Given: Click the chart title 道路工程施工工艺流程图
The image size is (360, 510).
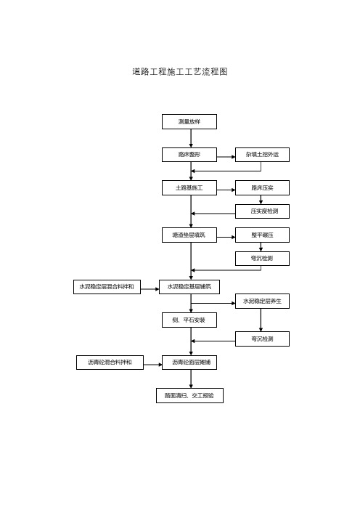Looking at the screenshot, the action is click(180, 71).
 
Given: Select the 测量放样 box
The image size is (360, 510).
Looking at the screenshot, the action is click(189, 121).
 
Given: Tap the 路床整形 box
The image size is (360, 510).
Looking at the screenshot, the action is click(189, 155).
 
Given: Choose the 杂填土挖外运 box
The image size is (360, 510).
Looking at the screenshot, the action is click(262, 155).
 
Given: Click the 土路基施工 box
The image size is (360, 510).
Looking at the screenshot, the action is click(189, 188).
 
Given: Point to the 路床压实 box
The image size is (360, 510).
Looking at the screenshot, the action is click(262, 188).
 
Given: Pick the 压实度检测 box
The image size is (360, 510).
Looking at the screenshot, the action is click(262, 211).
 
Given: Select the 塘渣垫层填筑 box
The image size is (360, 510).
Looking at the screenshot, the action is click(189, 235).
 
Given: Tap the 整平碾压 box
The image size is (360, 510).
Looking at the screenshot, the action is click(262, 235).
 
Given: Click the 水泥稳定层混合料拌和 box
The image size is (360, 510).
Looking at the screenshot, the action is click(107, 287).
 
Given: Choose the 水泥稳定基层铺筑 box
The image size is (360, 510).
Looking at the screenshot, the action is click(189, 287).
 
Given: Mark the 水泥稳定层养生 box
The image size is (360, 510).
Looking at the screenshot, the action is click(262, 301).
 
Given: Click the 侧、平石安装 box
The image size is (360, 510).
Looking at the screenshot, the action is click(189, 320).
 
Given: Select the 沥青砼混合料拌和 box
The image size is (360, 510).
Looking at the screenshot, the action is click(110, 363).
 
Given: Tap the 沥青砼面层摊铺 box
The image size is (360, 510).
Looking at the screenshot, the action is click(189, 363).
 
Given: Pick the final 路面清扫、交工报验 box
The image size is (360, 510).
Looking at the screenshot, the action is click(189, 395).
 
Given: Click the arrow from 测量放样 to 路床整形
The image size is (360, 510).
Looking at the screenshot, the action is click(191, 138).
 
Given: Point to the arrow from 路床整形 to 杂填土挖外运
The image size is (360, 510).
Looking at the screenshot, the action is click(226, 157).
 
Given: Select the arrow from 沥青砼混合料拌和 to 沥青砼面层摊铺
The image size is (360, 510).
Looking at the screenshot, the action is click(152, 365).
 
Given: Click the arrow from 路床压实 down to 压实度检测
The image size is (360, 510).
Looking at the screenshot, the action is click(261, 200).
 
